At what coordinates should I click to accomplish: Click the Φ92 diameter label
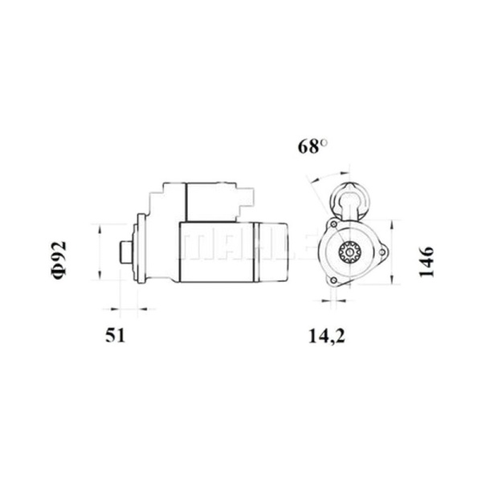click(59, 260)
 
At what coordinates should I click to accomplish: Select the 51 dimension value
click(115, 335)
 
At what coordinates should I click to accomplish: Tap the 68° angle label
click(312, 146)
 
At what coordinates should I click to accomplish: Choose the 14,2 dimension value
click(326, 336)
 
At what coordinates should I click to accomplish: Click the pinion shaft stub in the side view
click(126, 252)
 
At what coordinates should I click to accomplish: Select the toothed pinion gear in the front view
click(349, 252)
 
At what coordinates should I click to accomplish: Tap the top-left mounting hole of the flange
click(333, 224)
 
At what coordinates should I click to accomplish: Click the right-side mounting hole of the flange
click(382, 252)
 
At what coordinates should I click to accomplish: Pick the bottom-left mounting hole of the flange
click(333, 280)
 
